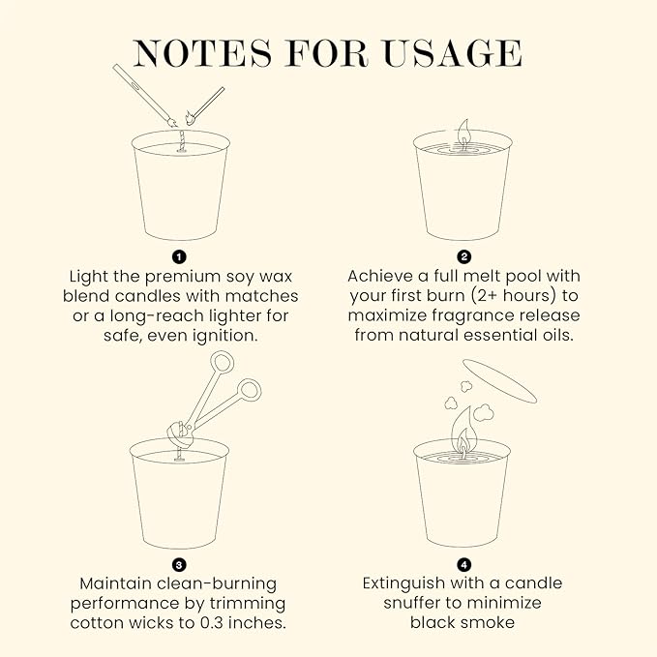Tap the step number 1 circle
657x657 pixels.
[x=179, y=256]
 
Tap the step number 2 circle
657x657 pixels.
[x=463, y=256]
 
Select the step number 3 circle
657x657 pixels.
[x=179, y=564]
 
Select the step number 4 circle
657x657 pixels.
[x=463, y=564]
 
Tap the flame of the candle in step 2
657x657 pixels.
[x=463, y=131]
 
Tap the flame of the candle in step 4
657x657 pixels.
[x=463, y=427]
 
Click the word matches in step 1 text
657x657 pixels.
[x=264, y=295]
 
